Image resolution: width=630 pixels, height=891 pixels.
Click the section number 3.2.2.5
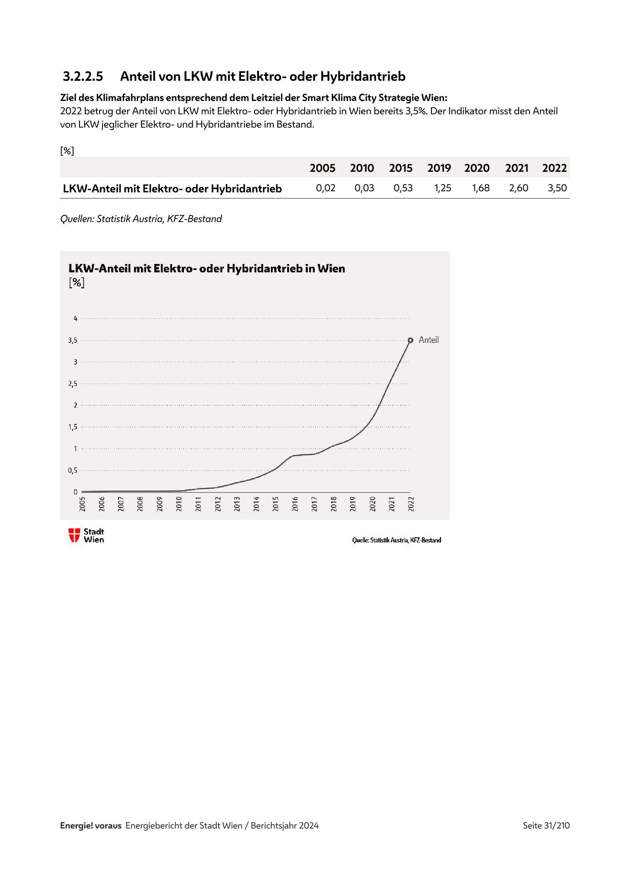point(83,77)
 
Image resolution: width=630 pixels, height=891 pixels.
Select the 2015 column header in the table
point(401,168)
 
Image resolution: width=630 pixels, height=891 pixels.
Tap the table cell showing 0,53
point(403,188)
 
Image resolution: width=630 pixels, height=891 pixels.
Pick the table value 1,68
point(480,188)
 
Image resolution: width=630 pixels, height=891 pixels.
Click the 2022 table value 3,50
point(557,188)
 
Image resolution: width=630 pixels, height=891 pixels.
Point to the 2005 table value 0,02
point(325,188)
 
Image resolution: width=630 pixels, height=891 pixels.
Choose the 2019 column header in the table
point(439,168)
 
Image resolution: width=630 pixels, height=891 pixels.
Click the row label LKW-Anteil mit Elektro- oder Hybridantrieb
point(172,189)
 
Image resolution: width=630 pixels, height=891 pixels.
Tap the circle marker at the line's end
point(411,340)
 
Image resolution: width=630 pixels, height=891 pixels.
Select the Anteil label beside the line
point(429,340)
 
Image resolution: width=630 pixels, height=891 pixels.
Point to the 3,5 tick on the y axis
point(72,340)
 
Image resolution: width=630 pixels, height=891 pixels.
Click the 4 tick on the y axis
point(75,318)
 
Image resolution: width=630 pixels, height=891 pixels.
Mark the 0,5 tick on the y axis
point(72,470)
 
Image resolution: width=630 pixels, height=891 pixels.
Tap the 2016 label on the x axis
point(295,504)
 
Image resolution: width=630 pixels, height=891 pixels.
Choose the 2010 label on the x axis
point(179,504)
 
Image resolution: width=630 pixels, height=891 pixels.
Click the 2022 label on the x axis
point(411,504)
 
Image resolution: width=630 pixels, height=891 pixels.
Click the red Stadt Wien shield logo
point(74,535)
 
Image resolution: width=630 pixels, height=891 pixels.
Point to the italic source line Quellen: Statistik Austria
point(141,219)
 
